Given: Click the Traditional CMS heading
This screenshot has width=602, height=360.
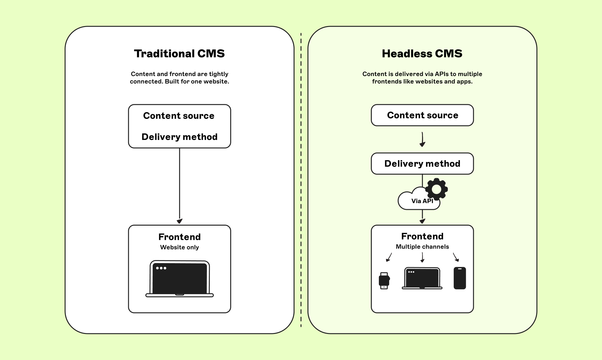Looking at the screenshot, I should click(x=179, y=54).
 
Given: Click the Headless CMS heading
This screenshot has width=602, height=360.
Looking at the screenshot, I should click(x=422, y=54).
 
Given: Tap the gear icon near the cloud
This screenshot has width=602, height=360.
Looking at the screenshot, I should click(x=436, y=189).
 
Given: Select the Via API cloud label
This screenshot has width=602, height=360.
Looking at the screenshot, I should click(x=422, y=201).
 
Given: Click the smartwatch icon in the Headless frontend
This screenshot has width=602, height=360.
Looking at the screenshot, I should click(x=384, y=281).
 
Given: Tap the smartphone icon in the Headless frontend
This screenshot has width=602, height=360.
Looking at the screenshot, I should click(x=460, y=278).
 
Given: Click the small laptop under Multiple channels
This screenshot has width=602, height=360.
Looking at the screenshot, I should click(x=422, y=278).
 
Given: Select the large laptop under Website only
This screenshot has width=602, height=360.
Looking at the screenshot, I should click(x=180, y=279).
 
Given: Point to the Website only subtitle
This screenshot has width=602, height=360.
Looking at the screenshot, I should click(x=179, y=247).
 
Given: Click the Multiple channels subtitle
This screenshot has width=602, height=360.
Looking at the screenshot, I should click(x=422, y=247).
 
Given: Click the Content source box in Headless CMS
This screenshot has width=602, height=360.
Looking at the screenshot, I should click(x=422, y=115).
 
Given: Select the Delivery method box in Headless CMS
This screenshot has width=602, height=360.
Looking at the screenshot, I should click(x=422, y=164).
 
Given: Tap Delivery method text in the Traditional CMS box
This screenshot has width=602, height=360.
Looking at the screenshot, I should click(x=179, y=137).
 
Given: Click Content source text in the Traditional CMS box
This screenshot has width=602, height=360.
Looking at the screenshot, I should click(x=179, y=116).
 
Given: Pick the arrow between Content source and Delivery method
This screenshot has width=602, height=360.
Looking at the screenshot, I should click(x=422, y=139).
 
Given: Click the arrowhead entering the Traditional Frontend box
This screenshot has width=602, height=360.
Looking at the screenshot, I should click(x=179, y=221).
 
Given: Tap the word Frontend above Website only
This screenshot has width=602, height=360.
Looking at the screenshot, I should click(x=179, y=237).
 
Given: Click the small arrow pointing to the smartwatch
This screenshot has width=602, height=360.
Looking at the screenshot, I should click(x=389, y=257).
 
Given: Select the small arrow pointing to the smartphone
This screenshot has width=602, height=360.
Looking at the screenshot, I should click(x=456, y=257).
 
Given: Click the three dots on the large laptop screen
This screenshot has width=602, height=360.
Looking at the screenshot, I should click(x=161, y=268).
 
